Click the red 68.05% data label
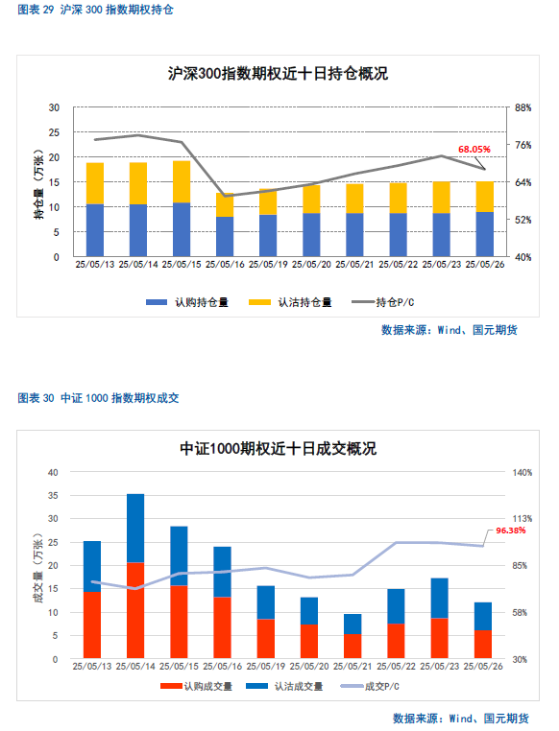tap(474, 150)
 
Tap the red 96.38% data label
tap(510, 531)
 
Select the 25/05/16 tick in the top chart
tap(225, 265)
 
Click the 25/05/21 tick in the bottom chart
tap(352, 667)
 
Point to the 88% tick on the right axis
tap(523, 107)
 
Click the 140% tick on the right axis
tap(523, 472)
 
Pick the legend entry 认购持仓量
tap(187, 302)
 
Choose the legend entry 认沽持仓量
tap(290, 302)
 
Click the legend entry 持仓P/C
tap(383, 302)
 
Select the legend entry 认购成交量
tap(197, 686)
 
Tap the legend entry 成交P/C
tap(370, 686)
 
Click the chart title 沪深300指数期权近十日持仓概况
tap(279, 74)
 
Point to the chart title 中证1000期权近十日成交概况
tap(279, 449)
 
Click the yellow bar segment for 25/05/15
tap(182, 182)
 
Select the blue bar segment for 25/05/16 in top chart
tap(225, 237)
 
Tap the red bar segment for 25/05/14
tap(135, 611)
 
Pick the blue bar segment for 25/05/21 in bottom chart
tap(352, 624)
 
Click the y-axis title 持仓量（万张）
tap(38, 184)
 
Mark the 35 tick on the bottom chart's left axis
tap(53, 496)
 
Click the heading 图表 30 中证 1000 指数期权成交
tap(99, 398)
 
